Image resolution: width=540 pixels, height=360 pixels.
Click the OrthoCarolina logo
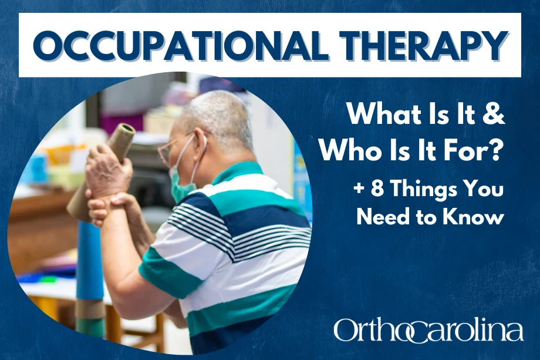coord(428,330)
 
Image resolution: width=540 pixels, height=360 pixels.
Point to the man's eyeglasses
coord(170,147)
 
